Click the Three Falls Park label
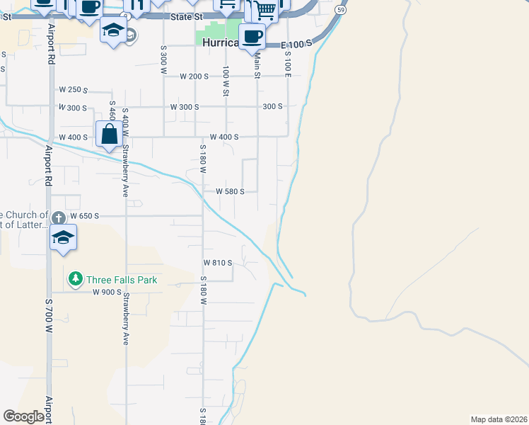tap(122, 280)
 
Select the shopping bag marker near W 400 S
tap(110, 134)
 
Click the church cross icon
tap(58, 217)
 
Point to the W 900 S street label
tap(107, 292)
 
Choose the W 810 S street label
tap(218, 263)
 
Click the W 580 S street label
tap(230, 191)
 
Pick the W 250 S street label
tap(74, 90)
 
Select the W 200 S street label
tap(194, 76)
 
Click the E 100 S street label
tap(296, 45)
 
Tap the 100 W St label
tap(226, 81)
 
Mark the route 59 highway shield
tap(342, 11)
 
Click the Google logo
tap(23, 416)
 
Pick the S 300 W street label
tap(163, 60)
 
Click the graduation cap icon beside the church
tap(63, 238)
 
